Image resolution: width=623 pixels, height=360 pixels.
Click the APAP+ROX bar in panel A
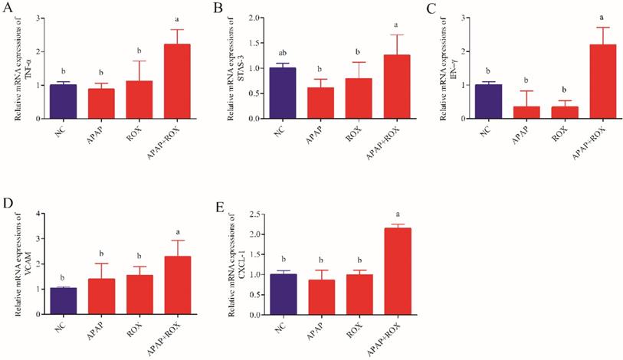(x=178, y=81)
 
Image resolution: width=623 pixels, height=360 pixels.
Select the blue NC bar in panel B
(x=284, y=93)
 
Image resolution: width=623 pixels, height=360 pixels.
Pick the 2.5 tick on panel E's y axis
(x=253, y=213)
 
